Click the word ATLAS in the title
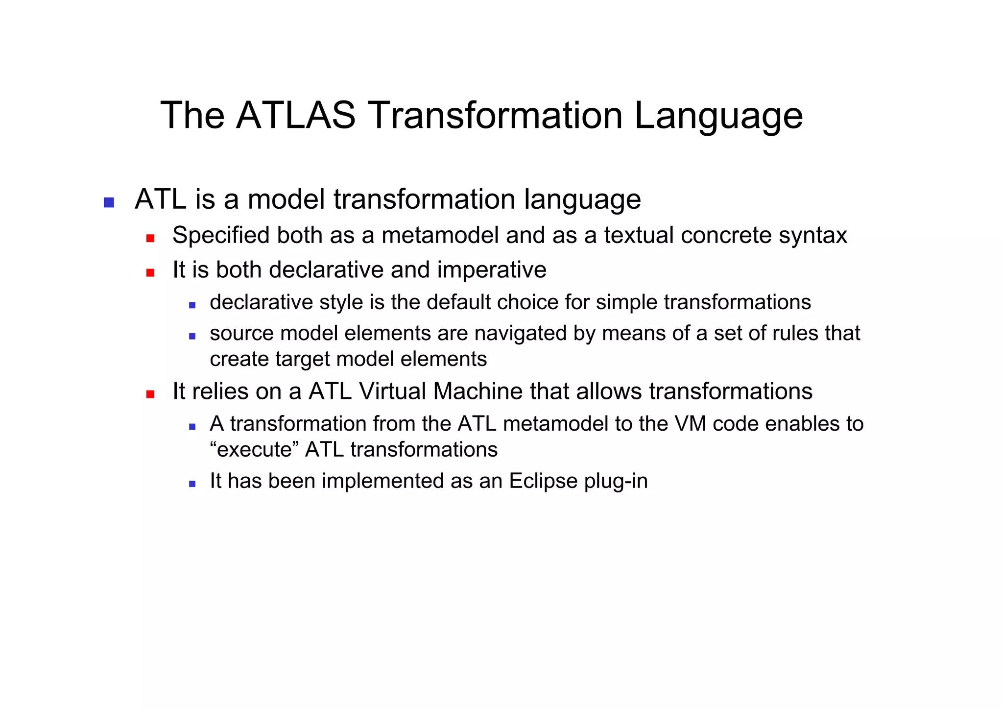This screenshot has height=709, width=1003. [295, 116]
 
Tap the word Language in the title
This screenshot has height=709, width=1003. [718, 116]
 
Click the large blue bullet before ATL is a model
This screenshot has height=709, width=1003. [109, 202]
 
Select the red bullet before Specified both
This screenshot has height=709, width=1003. [150, 239]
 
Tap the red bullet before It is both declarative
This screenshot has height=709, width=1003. [150, 273]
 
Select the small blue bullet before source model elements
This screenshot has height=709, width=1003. [192, 337]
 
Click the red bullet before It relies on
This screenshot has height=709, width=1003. [150, 394]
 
